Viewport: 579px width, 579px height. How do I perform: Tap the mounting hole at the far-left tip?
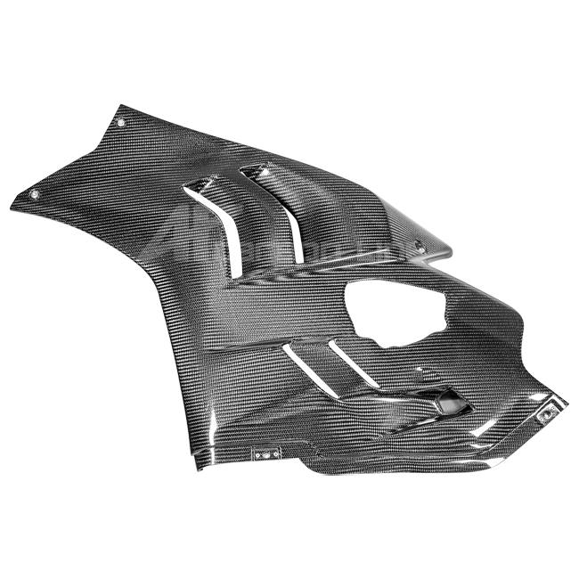[x=36, y=193]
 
